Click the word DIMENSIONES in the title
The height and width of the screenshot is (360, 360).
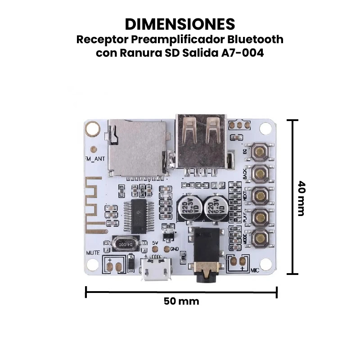tap(180, 23)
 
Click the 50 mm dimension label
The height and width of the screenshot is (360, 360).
tap(181, 301)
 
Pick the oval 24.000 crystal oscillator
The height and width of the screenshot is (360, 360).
tap(125, 244)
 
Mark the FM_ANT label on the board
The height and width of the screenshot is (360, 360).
tap(94, 159)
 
